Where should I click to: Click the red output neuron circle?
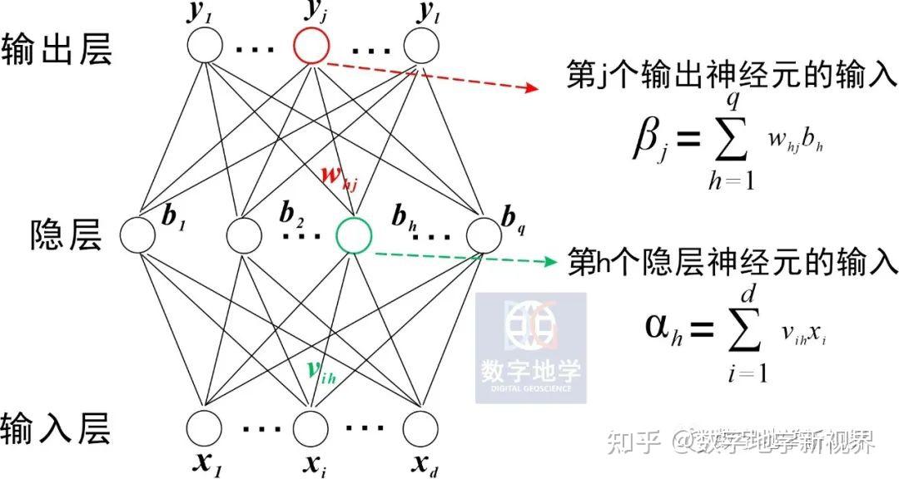point(310,48)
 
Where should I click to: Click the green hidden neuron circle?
point(354,235)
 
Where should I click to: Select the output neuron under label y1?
point(205,47)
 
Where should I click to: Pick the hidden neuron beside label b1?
point(138,235)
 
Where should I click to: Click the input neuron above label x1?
point(205,429)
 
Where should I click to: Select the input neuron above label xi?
point(313,429)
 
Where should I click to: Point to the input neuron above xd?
point(420,429)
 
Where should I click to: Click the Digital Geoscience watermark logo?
point(530,347)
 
